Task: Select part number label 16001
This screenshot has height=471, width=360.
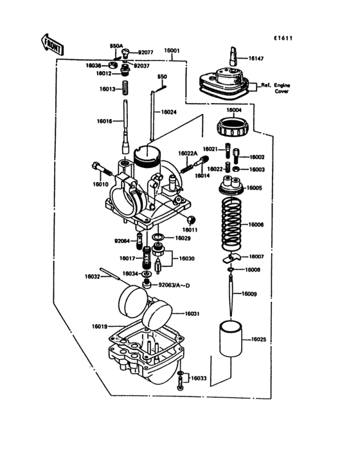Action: pyautogui.click(x=172, y=50)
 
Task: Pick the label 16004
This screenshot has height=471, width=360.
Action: pyautogui.click(x=233, y=110)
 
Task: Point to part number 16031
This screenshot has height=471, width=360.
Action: pyautogui.click(x=193, y=313)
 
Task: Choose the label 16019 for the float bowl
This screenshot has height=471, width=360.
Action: pyautogui.click(x=100, y=326)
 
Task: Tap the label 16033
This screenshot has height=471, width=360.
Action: pyautogui.click(x=198, y=378)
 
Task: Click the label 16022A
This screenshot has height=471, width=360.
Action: pyautogui.click(x=188, y=153)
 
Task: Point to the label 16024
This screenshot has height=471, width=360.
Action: pyautogui.click(x=168, y=112)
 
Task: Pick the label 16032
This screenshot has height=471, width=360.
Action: pyautogui.click(x=93, y=277)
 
